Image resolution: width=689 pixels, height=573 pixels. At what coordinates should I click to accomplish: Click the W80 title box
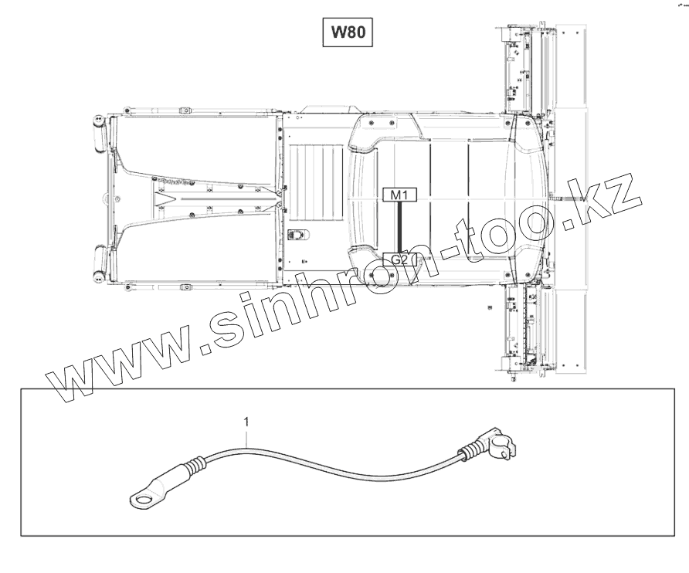[x=348, y=32]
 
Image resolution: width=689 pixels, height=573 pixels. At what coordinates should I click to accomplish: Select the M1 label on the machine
[x=399, y=195]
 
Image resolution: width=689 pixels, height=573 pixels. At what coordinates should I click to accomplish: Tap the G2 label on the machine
[x=399, y=259]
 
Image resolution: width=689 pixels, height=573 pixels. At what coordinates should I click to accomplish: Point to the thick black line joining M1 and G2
[x=399, y=227]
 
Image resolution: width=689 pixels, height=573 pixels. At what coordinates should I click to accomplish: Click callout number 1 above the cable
[x=246, y=422]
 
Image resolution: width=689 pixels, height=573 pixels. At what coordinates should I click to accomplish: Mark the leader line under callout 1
[x=246, y=437]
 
